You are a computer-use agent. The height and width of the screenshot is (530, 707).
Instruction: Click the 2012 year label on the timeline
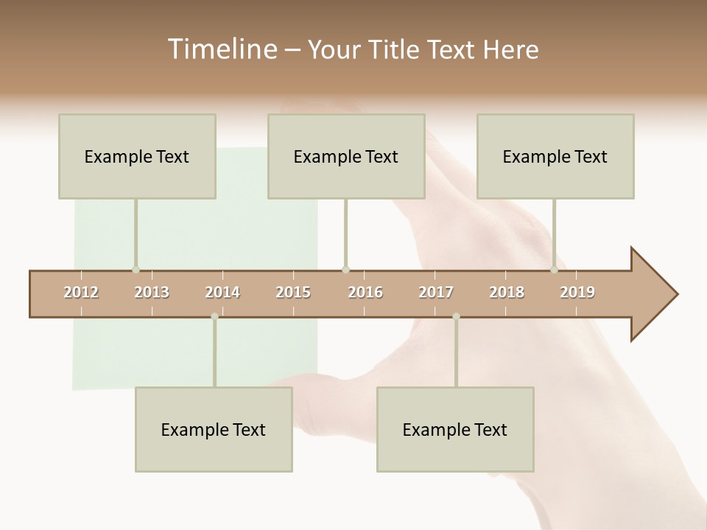pyautogui.click(x=81, y=292)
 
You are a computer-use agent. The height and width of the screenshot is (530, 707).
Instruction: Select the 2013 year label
pyautogui.click(x=152, y=292)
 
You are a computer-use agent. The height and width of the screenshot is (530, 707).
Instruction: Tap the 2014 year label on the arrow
pyautogui.click(x=222, y=292)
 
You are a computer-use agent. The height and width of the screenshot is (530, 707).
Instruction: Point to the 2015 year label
pyautogui.click(x=293, y=292)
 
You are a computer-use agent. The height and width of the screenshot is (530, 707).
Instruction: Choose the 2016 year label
pyautogui.click(x=365, y=292)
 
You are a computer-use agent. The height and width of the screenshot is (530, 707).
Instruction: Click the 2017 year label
pyautogui.click(x=436, y=292)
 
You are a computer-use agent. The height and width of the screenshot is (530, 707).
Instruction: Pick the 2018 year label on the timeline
pyautogui.click(x=507, y=292)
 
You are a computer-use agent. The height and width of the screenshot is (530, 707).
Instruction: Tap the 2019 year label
pyautogui.click(x=577, y=292)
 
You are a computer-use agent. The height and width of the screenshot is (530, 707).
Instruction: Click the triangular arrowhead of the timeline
pyautogui.click(x=652, y=294)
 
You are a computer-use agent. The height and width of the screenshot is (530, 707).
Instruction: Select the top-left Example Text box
pyautogui.click(x=137, y=156)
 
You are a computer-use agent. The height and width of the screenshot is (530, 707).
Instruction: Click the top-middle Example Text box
pyautogui.click(x=346, y=156)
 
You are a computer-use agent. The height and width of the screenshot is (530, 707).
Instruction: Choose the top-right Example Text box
pyautogui.click(x=555, y=156)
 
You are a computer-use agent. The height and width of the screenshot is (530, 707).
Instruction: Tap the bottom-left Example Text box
pyautogui.click(x=214, y=429)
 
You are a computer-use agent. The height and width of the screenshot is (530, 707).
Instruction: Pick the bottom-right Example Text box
pyautogui.click(x=455, y=429)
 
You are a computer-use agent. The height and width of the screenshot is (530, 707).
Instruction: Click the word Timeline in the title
pyautogui.click(x=221, y=49)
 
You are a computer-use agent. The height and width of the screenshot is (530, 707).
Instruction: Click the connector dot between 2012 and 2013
pyautogui.click(x=136, y=269)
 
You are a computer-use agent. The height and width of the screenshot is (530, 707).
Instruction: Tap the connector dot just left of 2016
pyautogui.click(x=345, y=269)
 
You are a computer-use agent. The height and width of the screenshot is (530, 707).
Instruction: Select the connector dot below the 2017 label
pyautogui.click(x=456, y=317)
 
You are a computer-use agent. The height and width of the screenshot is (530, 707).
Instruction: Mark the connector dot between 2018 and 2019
pyautogui.click(x=554, y=269)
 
